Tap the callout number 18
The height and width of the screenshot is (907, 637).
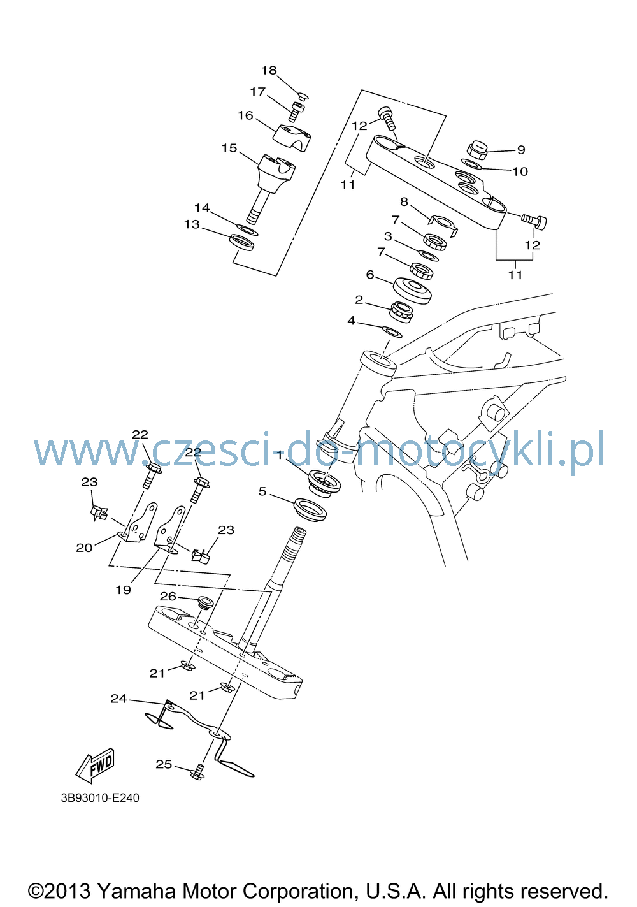pyautogui.click(x=269, y=71)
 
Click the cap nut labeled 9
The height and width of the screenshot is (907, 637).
pyautogui.click(x=477, y=150)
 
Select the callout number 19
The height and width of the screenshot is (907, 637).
pyautogui.click(x=124, y=590)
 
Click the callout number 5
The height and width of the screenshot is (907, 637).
pyautogui.click(x=262, y=491)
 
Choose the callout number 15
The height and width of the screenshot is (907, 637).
pyautogui.click(x=229, y=148)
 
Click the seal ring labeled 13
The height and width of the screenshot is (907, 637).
pyautogui.click(x=241, y=242)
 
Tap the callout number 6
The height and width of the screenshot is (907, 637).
pyautogui.click(x=370, y=275)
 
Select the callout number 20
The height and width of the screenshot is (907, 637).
pyautogui.click(x=84, y=548)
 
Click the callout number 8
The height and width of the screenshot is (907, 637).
pyautogui.click(x=404, y=201)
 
